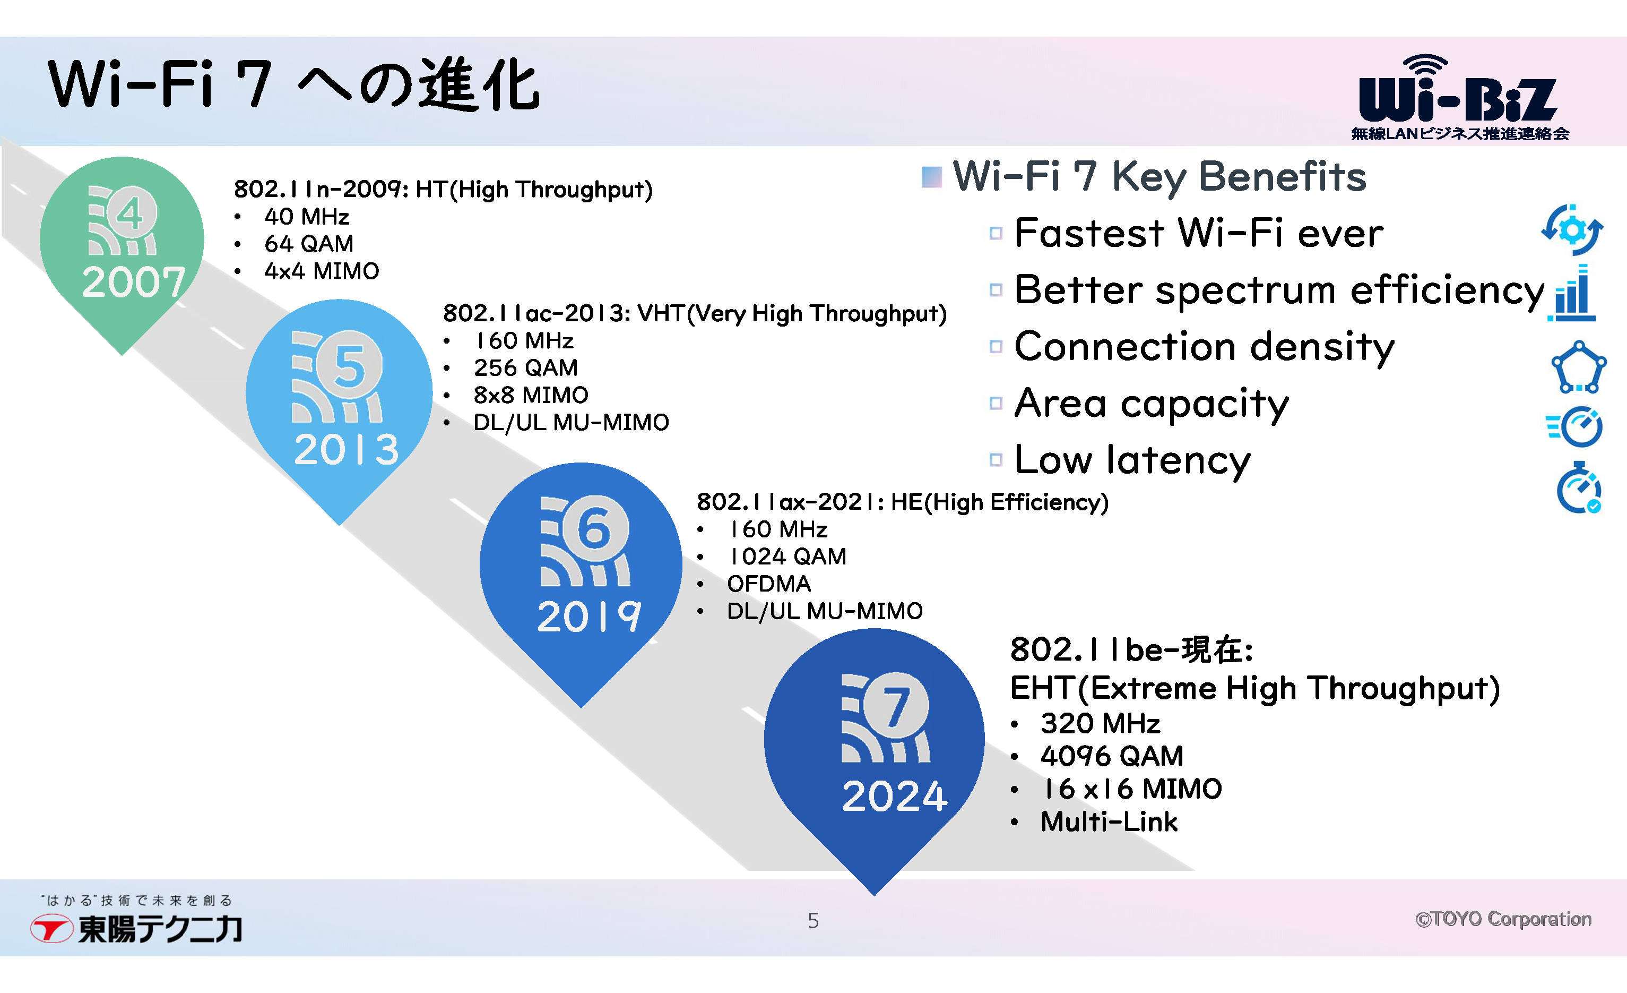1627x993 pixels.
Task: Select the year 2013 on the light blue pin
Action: pyautogui.click(x=347, y=449)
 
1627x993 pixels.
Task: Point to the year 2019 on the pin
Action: pyautogui.click(x=589, y=617)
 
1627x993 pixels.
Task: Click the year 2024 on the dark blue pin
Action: pyautogui.click(x=895, y=795)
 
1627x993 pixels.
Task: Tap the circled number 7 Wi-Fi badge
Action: pyautogui.click(x=886, y=718)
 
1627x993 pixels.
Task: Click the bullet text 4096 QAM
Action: pyautogui.click(x=1112, y=756)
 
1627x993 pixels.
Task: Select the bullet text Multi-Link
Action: pyautogui.click(x=1109, y=822)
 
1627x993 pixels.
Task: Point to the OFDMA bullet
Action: pyautogui.click(x=768, y=584)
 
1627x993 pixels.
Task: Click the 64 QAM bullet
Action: pyautogui.click(x=309, y=244)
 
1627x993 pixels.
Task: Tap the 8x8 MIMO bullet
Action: pyautogui.click(x=531, y=395)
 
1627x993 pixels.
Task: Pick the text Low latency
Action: pyautogui.click(x=1132, y=460)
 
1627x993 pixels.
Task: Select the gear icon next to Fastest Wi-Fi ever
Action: pyautogui.click(x=1572, y=229)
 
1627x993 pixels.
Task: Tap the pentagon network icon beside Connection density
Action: pyautogui.click(x=1578, y=367)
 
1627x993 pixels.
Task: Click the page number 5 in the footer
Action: pyautogui.click(x=814, y=920)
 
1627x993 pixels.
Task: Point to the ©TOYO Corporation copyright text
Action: pyautogui.click(x=1503, y=919)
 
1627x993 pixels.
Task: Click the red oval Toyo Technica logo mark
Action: pyautogui.click(x=51, y=928)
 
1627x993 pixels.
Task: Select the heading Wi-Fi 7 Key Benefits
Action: pyautogui.click(x=1159, y=177)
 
